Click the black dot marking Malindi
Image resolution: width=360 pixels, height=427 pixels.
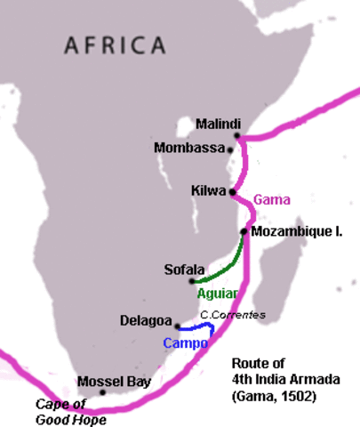[237, 136]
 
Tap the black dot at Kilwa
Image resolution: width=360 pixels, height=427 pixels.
[232, 191]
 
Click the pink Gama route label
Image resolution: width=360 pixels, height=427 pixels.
[271, 198]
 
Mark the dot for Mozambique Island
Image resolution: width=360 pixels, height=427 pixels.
[243, 231]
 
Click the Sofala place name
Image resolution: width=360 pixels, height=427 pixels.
[184, 269]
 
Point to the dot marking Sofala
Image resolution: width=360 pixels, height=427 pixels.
[193, 281]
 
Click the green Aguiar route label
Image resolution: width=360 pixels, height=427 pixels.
[217, 293]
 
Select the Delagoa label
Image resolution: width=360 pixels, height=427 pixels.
[146, 319]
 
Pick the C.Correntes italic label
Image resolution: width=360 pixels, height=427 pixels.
[232, 315]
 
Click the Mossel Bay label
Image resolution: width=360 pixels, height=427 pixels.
[115, 382]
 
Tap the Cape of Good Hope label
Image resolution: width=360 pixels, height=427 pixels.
[70, 412]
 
